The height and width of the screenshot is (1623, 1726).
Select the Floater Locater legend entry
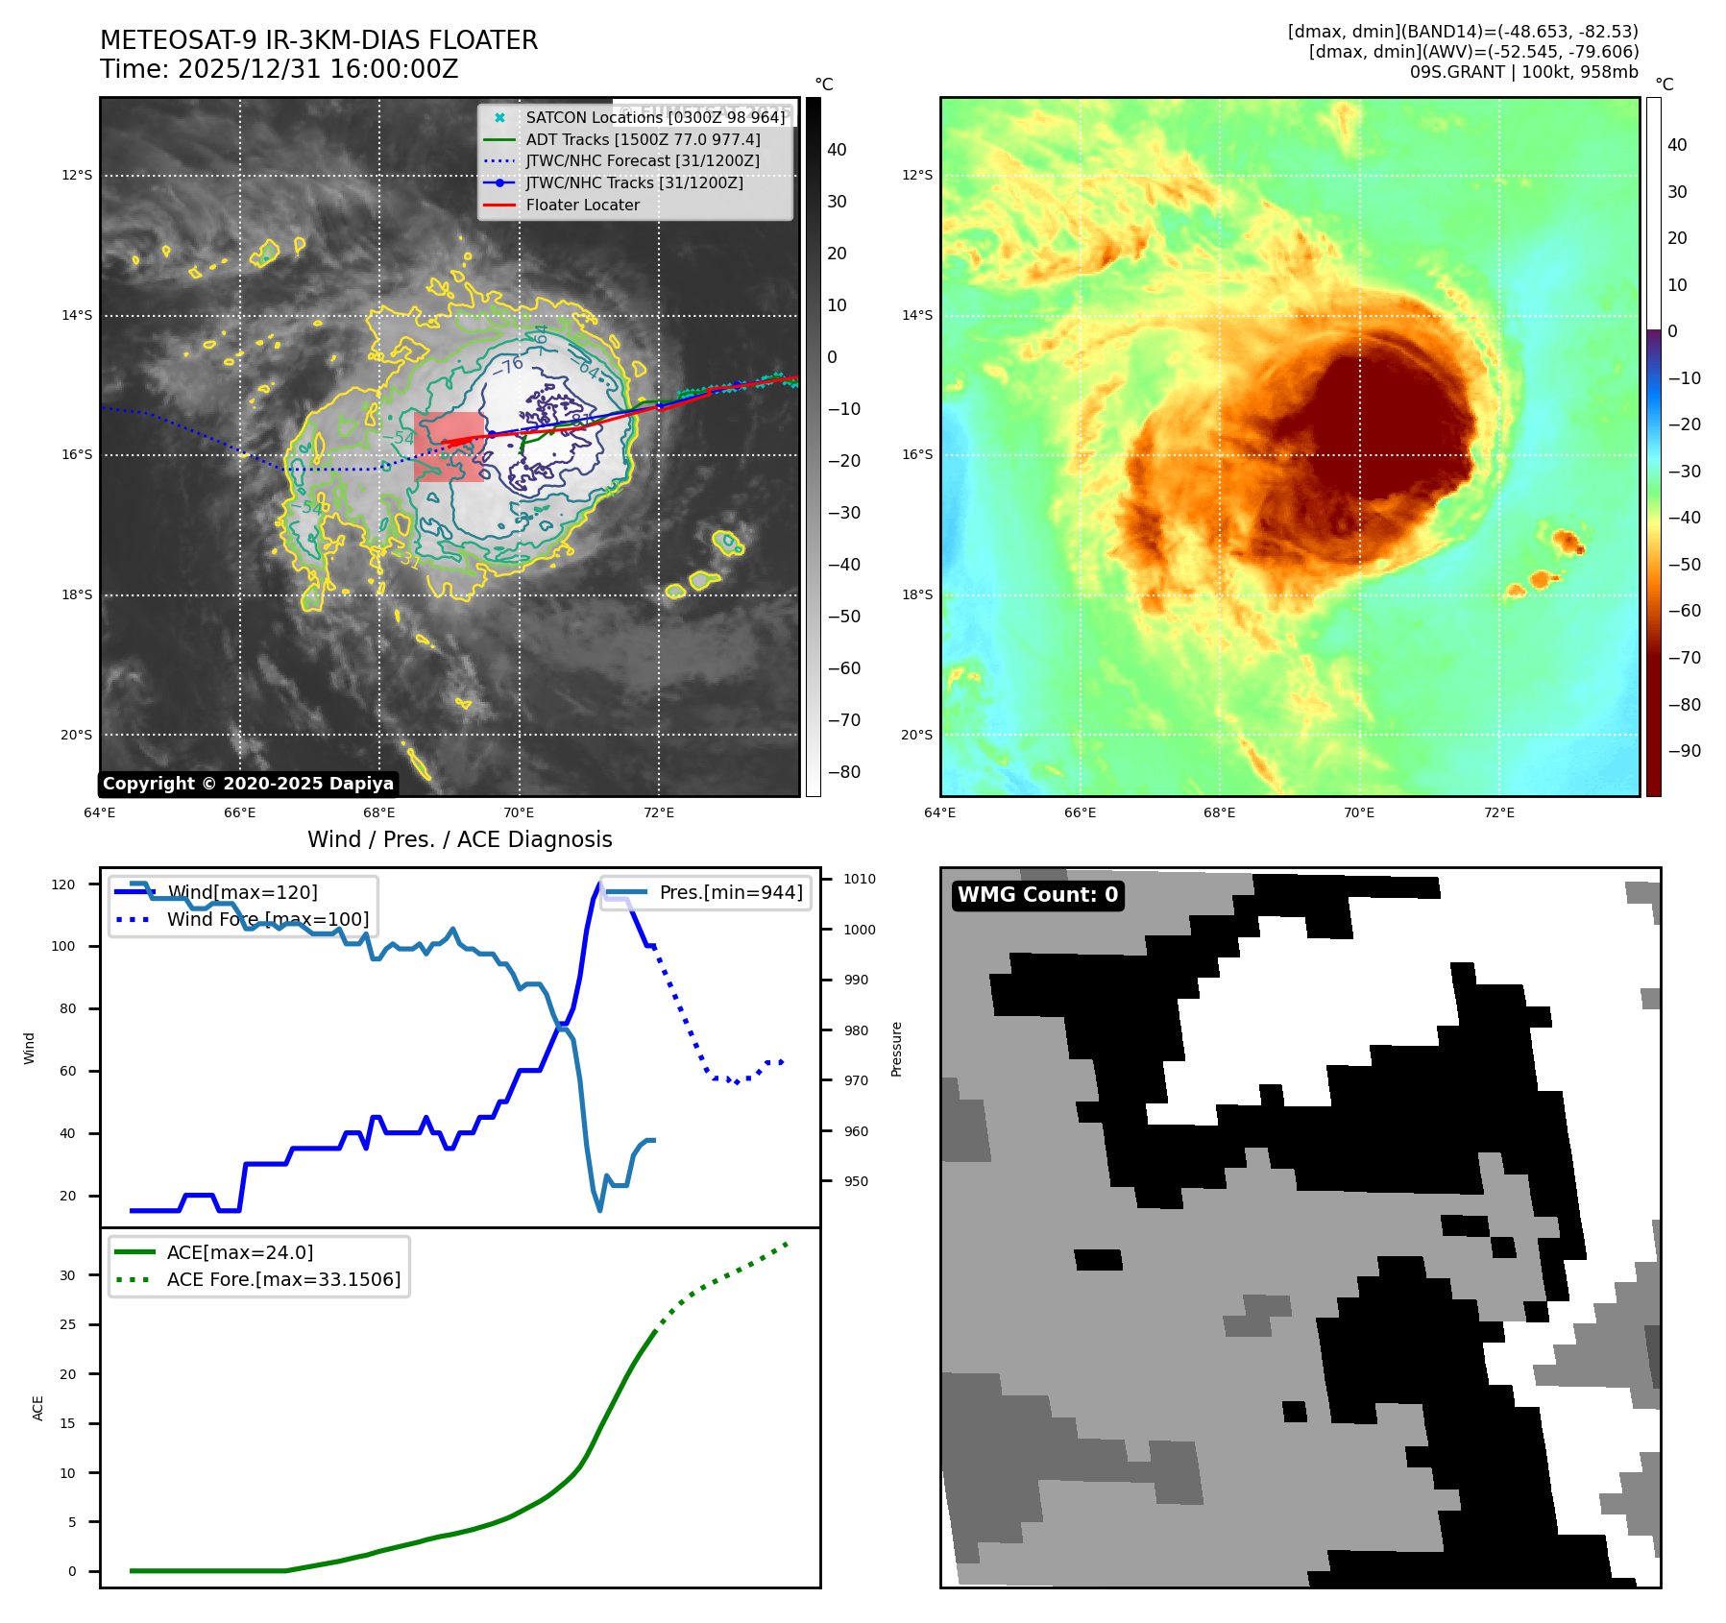pos(582,205)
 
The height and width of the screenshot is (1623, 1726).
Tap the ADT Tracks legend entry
pos(643,139)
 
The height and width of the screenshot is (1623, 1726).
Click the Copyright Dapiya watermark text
pos(248,784)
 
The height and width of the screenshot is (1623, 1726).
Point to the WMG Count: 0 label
pos(1037,895)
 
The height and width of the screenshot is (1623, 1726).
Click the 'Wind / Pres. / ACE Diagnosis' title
pos(459,839)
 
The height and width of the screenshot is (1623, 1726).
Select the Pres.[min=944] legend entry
pos(730,892)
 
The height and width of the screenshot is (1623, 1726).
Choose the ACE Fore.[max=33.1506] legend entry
pos(283,1279)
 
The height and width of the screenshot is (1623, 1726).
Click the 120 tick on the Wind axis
pos(63,884)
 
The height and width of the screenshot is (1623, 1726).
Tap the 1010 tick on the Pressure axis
pos(860,879)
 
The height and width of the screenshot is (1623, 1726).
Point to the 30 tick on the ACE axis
pos(67,1275)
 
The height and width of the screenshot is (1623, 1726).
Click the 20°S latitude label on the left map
pos(77,735)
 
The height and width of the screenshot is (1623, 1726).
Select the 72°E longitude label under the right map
pos(1498,812)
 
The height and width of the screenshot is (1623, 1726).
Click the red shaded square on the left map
pos(449,447)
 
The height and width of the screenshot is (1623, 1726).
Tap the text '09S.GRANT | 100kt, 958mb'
pos(1523,72)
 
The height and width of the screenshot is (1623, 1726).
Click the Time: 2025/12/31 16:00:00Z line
pos(279,69)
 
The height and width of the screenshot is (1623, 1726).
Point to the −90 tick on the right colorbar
pos(1684,751)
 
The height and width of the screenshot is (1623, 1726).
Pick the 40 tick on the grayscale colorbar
pos(837,150)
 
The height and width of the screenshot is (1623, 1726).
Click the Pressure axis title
pos(896,1049)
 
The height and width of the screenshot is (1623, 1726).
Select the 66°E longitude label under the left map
pos(239,812)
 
